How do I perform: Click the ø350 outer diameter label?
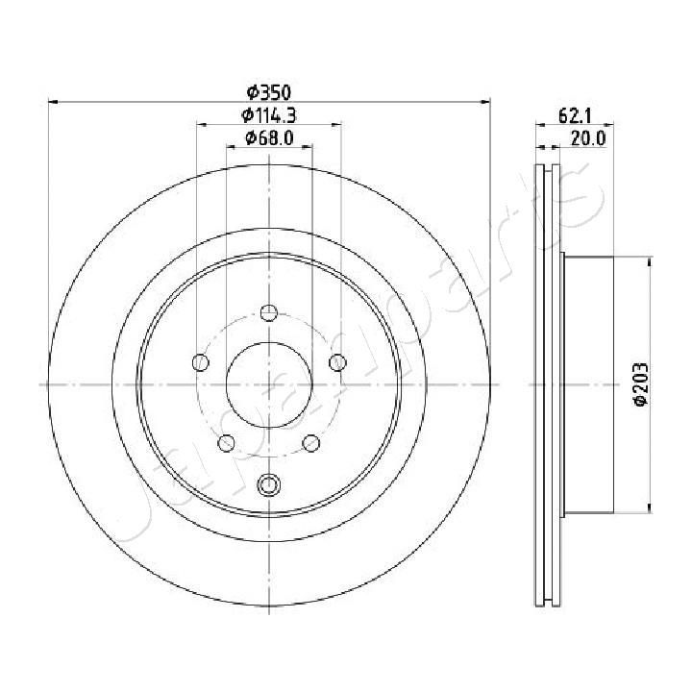(269, 93)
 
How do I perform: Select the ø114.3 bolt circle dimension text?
(269, 115)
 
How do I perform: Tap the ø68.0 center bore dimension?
(269, 138)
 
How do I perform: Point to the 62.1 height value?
(574, 116)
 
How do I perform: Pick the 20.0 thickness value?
(587, 138)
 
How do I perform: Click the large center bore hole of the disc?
(269, 383)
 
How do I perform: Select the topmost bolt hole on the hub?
(269, 312)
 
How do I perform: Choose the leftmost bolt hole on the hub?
(201, 362)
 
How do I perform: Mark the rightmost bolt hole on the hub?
(337, 362)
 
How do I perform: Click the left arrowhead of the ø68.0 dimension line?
(232, 147)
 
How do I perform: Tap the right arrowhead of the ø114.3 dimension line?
(335, 124)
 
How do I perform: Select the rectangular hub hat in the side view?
(587, 384)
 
